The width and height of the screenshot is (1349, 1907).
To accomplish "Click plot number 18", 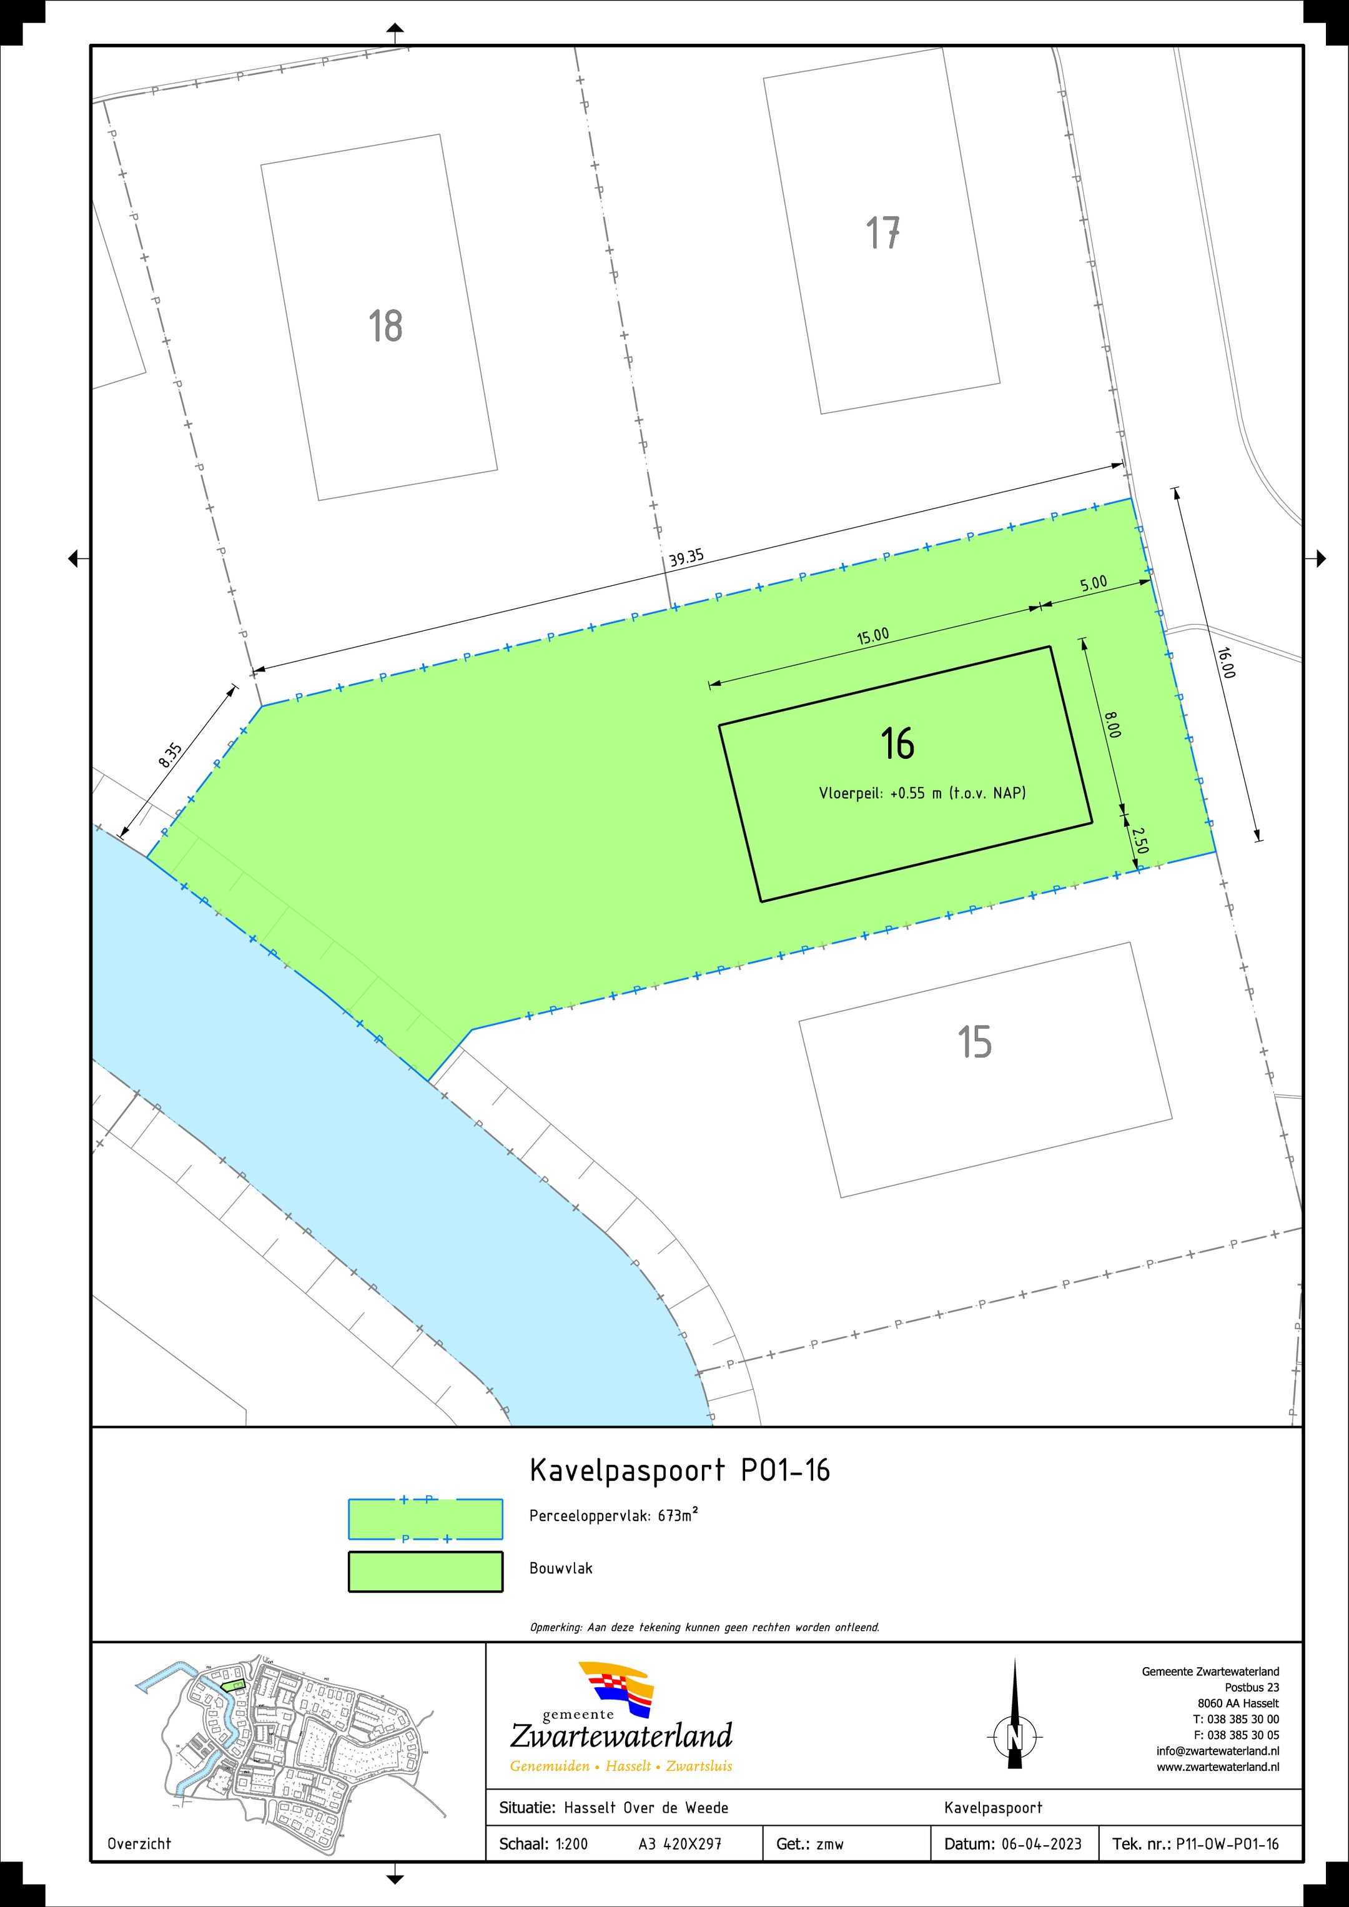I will pyautogui.click(x=385, y=327).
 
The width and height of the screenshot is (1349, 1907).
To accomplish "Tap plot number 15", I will pyautogui.click(x=974, y=1041).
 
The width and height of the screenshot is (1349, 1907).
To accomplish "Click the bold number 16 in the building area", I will pyautogui.click(x=897, y=743).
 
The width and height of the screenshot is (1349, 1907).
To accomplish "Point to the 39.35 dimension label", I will pyautogui.click(x=686, y=557).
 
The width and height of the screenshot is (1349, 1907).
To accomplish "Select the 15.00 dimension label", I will pyautogui.click(x=872, y=636).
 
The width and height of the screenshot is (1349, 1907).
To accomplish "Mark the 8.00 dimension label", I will pyautogui.click(x=1112, y=725).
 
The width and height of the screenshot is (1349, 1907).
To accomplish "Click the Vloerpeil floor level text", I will pyautogui.click(x=922, y=793).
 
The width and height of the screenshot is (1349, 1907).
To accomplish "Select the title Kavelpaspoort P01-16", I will pyautogui.click(x=679, y=1471).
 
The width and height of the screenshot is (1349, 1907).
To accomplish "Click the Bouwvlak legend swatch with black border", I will pyautogui.click(x=425, y=1572).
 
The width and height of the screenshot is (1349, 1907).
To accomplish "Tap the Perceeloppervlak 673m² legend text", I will pyautogui.click(x=614, y=1515).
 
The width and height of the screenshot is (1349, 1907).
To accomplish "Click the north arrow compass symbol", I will pyautogui.click(x=1014, y=1735).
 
